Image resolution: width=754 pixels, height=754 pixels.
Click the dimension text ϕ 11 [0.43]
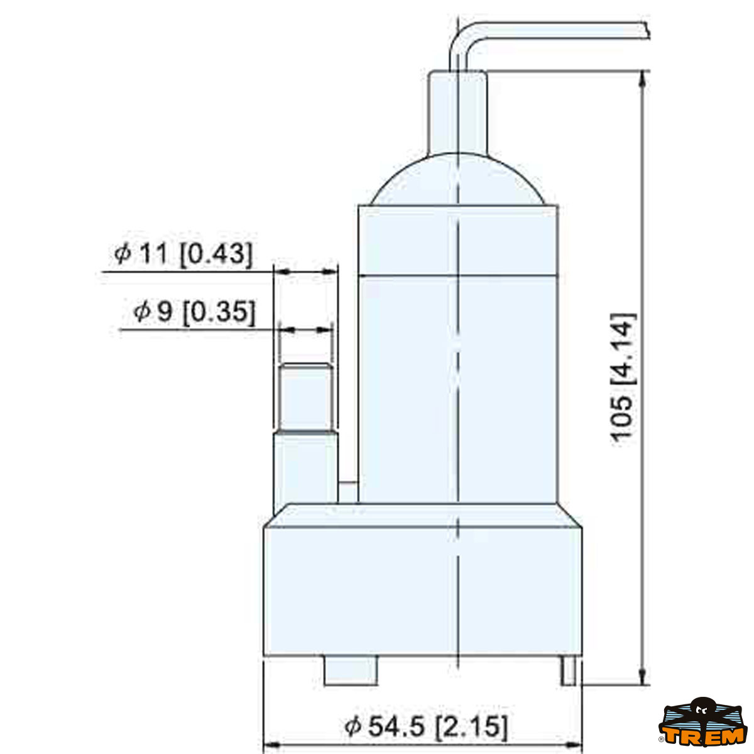[183, 254]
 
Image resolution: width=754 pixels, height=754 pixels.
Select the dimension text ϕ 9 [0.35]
[194, 312]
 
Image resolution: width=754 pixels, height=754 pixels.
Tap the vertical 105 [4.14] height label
[623, 377]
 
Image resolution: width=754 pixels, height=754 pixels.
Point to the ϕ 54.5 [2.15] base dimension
[426, 727]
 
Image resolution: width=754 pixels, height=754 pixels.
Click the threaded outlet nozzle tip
[305, 396]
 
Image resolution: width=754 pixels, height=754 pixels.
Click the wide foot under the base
[351, 671]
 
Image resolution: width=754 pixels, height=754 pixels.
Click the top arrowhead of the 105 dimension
[642, 79]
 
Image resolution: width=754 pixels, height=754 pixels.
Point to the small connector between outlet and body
[347, 492]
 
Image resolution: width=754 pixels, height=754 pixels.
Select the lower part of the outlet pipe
[305, 468]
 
